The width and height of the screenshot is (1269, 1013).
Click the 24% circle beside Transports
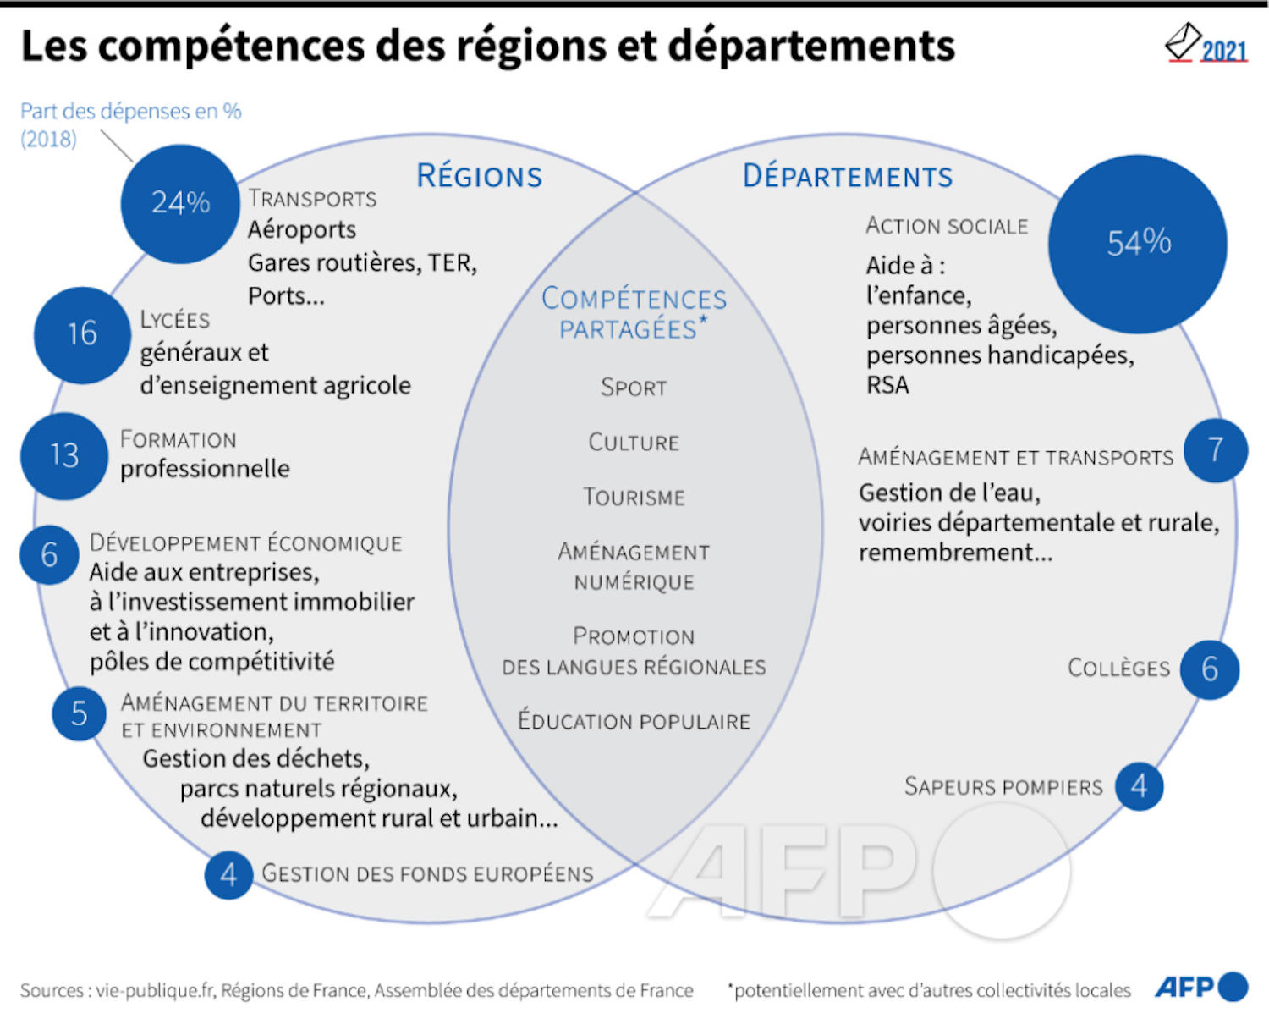click(x=180, y=204)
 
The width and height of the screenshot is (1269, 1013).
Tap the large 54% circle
click(x=1138, y=245)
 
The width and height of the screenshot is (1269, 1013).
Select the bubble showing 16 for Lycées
click(x=82, y=335)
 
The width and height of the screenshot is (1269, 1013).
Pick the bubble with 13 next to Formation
click(x=64, y=456)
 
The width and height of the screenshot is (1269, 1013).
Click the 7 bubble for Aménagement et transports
click(x=1216, y=450)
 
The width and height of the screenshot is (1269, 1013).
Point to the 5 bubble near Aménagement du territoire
click(x=79, y=714)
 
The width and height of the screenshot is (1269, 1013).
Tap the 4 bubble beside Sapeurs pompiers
click(x=1140, y=786)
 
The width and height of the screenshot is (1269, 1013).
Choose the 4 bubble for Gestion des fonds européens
click(x=228, y=875)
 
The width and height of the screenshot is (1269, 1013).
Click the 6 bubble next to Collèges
click(x=1210, y=669)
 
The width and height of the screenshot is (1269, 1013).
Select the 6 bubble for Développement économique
click(x=50, y=555)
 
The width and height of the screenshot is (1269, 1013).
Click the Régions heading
click(x=480, y=176)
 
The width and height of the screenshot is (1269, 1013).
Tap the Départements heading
click(x=848, y=176)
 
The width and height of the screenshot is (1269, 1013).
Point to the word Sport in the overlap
click(x=634, y=388)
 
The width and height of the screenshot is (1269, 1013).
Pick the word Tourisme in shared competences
click(x=634, y=497)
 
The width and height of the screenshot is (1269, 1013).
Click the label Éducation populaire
click(x=634, y=720)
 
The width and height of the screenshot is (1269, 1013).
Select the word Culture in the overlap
click(x=634, y=442)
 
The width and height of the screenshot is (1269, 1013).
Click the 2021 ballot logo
click(x=1206, y=43)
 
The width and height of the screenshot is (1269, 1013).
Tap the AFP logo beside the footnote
click(x=1201, y=987)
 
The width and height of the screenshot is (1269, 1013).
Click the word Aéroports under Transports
click(x=302, y=230)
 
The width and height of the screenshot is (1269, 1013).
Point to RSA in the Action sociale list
click(x=887, y=385)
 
